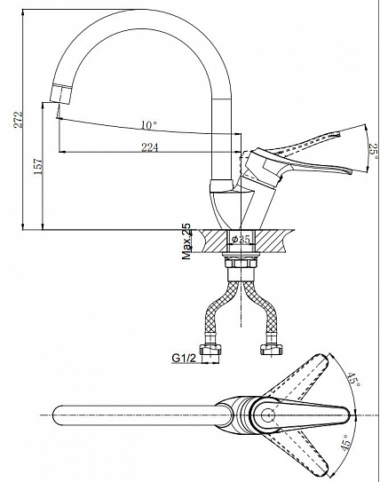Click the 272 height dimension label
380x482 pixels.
(19, 119)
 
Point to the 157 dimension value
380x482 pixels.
(38, 167)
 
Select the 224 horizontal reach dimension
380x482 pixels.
(150, 147)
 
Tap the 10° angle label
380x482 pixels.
(149, 125)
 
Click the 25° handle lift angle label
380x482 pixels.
(373, 152)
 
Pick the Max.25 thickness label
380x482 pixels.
(186, 241)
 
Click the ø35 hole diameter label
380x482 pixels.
(241, 239)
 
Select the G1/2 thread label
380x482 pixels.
(184, 358)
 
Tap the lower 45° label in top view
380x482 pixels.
(346, 443)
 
